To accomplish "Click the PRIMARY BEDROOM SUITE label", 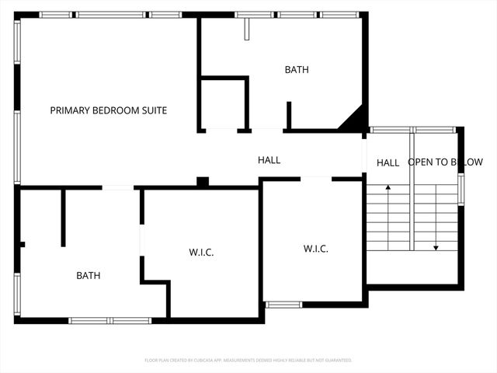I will point(108,110).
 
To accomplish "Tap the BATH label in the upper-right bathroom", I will point(296,70).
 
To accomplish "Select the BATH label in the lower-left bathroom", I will point(88,275).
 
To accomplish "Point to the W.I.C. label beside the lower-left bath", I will point(201,253).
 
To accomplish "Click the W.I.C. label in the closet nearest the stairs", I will point(315,249).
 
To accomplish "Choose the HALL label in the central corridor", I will point(269,160).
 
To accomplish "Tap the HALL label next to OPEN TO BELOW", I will point(388,162).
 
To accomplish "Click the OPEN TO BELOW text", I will point(445,162).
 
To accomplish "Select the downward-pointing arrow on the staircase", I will point(436,247).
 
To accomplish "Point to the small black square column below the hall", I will point(203,182).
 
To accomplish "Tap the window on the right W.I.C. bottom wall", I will point(283,304).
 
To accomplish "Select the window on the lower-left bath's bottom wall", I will point(109,320).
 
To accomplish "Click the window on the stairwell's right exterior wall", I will point(461,190).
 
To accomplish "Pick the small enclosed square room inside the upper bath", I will point(224,103).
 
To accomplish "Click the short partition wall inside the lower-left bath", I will point(63,218).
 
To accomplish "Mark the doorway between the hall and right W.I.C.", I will point(316,179).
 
